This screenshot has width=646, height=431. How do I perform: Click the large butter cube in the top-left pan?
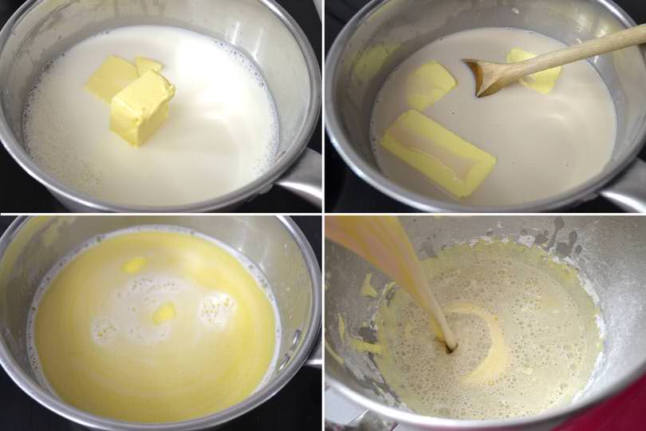click(141, 108)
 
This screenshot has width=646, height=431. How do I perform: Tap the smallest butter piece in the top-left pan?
click(148, 65)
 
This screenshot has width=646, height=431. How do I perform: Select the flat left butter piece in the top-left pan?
click(112, 77)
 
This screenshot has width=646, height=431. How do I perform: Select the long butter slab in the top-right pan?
click(438, 152)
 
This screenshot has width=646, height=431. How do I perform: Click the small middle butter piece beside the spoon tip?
click(431, 85)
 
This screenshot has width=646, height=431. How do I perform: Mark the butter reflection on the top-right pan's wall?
click(372, 61)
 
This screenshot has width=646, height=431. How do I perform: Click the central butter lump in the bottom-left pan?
click(163, 313)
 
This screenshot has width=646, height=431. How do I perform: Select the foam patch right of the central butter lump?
click(217, 308)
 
